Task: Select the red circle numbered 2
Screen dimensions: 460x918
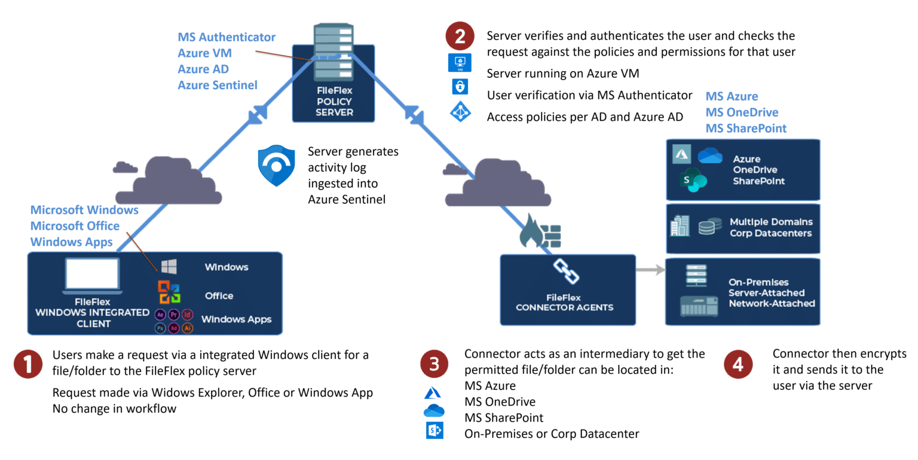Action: [x=460, y=36]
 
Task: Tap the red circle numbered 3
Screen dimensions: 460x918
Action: [x=434, y=364]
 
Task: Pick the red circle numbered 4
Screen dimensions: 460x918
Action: [x=738, y=364]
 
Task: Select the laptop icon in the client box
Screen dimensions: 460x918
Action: [x=92, y=276]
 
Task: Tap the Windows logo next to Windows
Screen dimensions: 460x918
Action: [x=169, y=267]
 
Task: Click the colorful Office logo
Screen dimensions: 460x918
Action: [x=169, y=293]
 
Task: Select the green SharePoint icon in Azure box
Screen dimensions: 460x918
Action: [x=693, y=180]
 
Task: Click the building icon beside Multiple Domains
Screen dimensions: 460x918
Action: [x=680, y=227]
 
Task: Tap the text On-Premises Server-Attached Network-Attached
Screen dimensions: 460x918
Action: [x=771, y=293]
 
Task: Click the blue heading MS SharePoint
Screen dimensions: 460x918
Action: [x=746, y=128]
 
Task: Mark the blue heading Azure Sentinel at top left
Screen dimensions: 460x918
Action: [x=218, y=85]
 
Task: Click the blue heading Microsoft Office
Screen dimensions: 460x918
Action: [x=75, y=226]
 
